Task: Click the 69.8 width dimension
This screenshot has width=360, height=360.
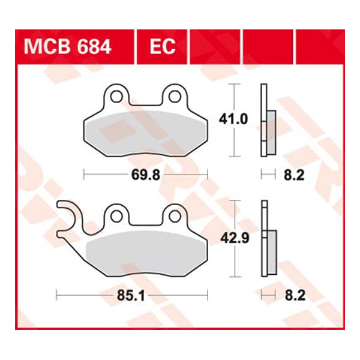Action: click(145, 175)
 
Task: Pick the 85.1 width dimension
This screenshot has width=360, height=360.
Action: click(131, 295)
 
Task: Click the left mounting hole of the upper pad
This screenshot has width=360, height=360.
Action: click(117, 96)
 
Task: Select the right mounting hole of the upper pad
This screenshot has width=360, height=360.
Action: click(175, 96)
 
